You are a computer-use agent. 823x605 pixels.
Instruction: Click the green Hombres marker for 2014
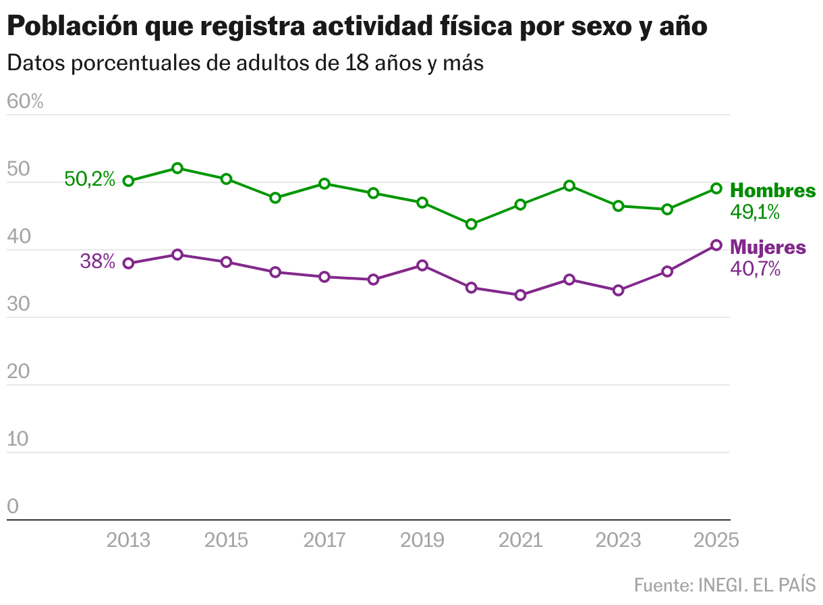pos(177,168)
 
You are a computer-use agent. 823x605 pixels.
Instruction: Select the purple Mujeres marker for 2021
pos(520,295)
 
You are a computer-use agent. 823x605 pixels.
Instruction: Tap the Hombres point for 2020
pos(472,224)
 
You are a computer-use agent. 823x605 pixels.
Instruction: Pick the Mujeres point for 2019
pos(422,265)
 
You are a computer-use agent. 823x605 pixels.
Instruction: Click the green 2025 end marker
pos(716,188)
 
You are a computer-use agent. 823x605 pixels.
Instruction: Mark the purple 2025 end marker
pos(716,245)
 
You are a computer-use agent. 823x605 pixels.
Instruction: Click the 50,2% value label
pos(90,180)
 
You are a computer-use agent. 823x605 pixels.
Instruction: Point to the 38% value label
pos(98,262)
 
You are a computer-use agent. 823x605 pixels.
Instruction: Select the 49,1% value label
pos(755,212)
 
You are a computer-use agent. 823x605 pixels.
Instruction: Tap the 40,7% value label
pos(756,269)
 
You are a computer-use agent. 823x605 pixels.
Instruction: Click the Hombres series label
pos(773,190)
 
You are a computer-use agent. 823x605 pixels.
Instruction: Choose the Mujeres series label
pos(768,247)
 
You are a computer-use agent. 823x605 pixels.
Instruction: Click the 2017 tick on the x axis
pos(324,540)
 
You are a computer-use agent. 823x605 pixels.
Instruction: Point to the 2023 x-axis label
pos(619,540)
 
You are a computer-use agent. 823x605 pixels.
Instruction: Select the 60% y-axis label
pos(25,102)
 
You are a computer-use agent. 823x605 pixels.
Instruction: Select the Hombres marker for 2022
pos(569,186)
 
